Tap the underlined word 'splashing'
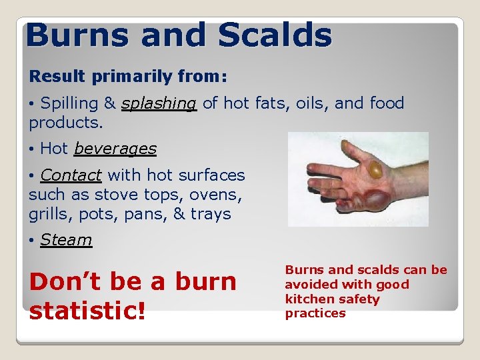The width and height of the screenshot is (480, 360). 159,103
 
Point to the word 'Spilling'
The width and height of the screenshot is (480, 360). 69,103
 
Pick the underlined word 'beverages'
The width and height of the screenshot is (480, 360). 115,149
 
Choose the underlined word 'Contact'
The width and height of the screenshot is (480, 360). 71,175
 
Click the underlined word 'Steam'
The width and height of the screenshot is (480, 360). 66,240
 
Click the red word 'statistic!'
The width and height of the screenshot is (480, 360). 87,311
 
